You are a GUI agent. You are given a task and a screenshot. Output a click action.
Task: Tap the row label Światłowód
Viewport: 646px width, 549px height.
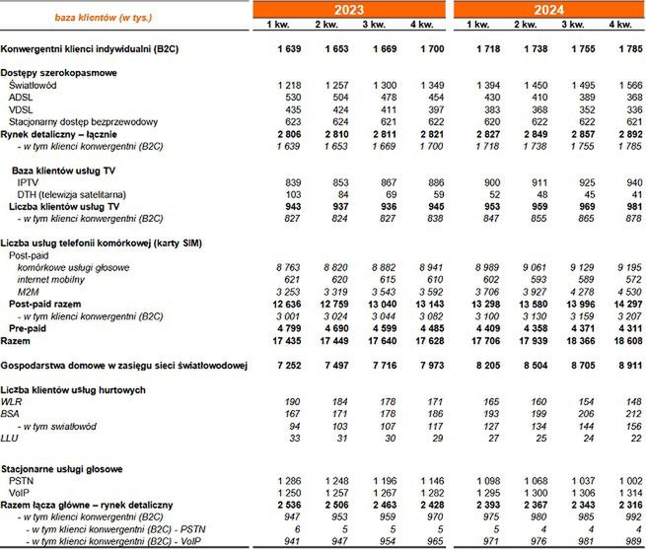(34, 86)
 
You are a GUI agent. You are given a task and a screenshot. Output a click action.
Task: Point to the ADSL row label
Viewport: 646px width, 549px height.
(20, 98)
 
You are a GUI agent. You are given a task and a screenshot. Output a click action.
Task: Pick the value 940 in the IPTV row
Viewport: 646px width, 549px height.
(626, 184)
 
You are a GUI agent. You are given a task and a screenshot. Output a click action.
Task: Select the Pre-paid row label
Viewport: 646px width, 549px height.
(30, 327)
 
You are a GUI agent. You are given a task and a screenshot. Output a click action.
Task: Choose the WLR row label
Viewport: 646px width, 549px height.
(12, 402)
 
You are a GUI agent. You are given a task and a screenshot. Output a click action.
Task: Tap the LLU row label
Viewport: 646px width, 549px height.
(10, 438)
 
